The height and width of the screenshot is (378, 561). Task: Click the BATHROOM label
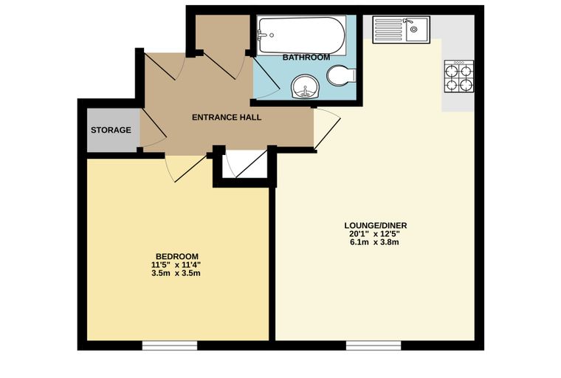point(306,58)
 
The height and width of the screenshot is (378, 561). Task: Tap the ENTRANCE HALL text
point(227,117)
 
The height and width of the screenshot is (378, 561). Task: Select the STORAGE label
point(111,130)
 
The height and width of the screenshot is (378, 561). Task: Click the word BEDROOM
point(177,257)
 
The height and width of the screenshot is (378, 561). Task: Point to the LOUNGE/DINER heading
point(375,225)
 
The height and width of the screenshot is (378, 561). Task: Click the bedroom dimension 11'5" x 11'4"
point(176,265)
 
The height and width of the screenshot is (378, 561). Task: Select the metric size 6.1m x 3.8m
point(374,242)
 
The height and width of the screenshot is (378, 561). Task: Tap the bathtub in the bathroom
point(301,35)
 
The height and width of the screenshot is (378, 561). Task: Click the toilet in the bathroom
point(341,75)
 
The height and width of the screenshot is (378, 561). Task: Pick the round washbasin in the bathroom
point(305,86)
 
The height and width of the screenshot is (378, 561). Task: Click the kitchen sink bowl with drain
point(417,30)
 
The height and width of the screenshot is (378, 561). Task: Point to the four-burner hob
point(459,76)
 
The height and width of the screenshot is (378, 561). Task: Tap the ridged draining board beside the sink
point(388,30)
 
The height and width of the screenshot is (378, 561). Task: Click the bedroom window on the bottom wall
point(170,346)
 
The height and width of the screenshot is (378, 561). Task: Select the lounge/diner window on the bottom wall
point(374,346)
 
